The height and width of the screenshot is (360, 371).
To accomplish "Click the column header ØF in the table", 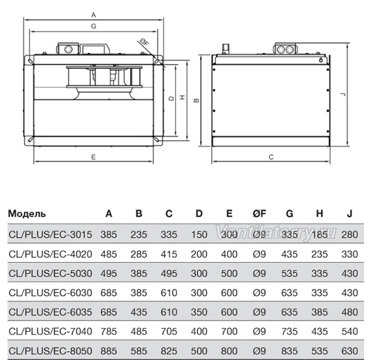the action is tap(259, 214).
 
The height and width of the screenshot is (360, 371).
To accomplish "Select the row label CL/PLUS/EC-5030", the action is tap(50, 274).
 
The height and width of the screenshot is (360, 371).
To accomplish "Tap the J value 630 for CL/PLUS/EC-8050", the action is tap(349, 351).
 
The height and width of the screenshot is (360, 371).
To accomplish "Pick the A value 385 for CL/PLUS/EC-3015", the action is tap(109, 234).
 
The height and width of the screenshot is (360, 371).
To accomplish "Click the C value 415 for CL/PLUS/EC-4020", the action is tap(169, 254).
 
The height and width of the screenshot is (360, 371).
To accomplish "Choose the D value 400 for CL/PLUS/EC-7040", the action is tap(199, 331).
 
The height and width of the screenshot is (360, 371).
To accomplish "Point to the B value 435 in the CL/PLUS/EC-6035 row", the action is tap(139, 312).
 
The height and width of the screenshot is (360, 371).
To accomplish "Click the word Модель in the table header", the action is tap(26, 214).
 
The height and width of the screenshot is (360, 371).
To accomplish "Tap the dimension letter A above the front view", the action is tap(93, 15).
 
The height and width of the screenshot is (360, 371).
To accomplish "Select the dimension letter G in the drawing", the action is tap(93, 26).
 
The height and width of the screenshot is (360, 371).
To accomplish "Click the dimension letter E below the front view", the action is tap(93, 157).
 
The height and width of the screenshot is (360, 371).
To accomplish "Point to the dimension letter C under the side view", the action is tap(271, 157).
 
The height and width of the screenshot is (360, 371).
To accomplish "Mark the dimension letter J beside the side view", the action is tap(343, 94).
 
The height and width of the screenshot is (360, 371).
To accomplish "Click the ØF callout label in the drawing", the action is tap(144, 42).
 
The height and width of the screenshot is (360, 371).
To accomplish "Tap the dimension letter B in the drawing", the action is tap(197, 100).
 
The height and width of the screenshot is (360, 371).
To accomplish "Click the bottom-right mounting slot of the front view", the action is tap(157, 139).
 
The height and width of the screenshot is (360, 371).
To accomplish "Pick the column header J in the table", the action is tap(350, 214).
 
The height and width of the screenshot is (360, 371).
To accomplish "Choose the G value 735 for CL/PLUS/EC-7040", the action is tap(289, 331).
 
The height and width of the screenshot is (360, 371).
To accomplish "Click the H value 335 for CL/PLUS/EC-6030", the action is tap(320, 293).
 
